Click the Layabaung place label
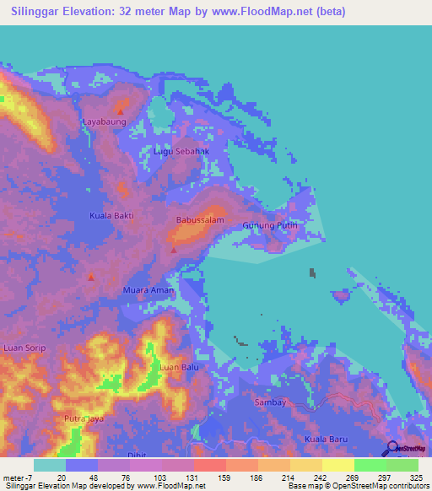tap(104, 121)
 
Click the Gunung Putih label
tap(270, 226)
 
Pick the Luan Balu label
tap(178, 368)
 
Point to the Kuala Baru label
tap(327, 440)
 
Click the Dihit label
tap(136, 455)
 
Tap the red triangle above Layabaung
tap(121, 111)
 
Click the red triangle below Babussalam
tap(174, 249)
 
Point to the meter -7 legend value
tap(18, 477)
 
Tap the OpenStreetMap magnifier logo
tap(392, 447)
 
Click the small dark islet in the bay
tap(312, 272)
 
